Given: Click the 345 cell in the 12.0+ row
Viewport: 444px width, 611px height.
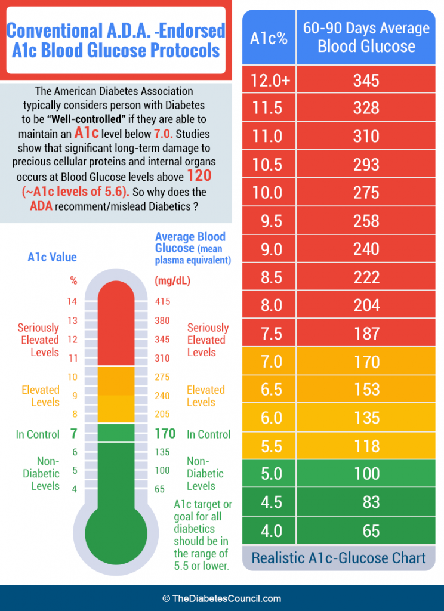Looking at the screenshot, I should [366, 80].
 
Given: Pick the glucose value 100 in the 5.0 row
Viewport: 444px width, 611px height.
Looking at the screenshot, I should [366, 474].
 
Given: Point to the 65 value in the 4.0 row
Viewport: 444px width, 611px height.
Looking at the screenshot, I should [371, 530].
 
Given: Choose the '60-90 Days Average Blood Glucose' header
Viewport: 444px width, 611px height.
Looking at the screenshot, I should [366, 37].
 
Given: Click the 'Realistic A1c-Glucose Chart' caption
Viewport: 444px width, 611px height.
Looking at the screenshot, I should [338, 558].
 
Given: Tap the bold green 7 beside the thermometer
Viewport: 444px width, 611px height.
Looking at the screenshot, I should [73, 434].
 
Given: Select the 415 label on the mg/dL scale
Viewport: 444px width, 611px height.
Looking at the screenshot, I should [162, 302].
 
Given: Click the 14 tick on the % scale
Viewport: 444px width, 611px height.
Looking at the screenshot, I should [72, 302].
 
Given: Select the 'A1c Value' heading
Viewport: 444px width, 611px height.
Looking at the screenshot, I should [53, 257].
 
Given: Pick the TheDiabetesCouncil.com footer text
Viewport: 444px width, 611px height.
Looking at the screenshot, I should [221, 598].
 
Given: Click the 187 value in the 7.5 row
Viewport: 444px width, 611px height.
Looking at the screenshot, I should [366, 334].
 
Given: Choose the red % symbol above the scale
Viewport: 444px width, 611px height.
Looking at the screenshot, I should [73, 280].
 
